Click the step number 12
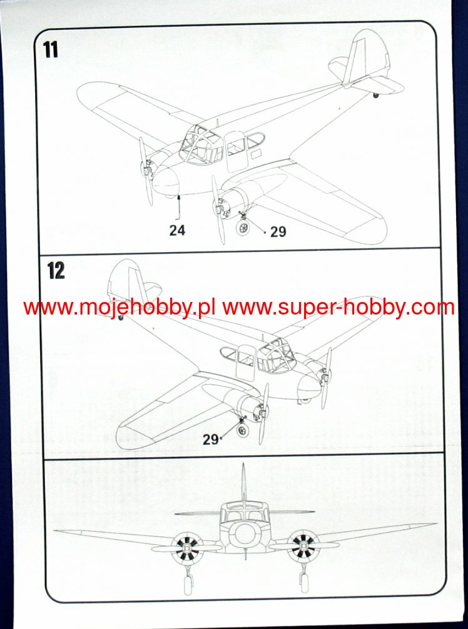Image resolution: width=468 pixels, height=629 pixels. coord(56,271)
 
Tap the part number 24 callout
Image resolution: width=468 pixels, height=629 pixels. coord(177,231)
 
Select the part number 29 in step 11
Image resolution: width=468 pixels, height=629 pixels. coord(278,232)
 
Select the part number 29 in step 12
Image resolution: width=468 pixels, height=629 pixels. coord(210,439)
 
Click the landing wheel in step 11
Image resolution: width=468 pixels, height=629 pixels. coord(243,229)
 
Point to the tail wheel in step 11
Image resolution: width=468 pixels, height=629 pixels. coord(376,95)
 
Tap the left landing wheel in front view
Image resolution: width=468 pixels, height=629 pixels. coord(185,583)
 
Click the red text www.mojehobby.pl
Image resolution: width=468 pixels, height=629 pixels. coord(120,307)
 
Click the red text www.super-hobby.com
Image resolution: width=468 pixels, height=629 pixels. coord(338,307)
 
